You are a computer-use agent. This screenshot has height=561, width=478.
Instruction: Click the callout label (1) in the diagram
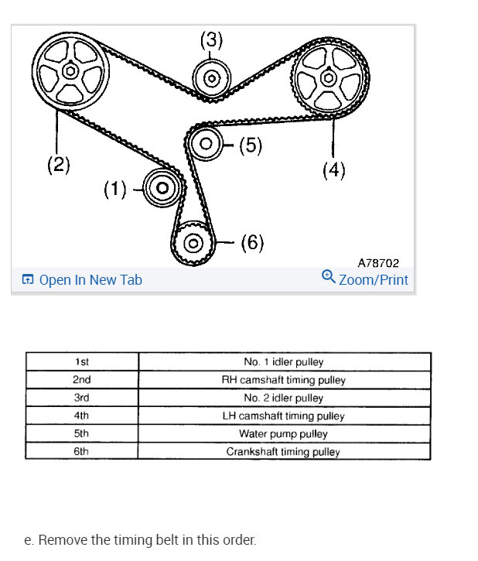pyautogui.click(x=116, y=189)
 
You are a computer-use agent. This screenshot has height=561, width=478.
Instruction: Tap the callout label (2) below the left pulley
pyautogui.click(x=58, y=164)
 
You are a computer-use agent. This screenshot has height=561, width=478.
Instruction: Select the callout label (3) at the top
pyautogui.click(x=211, y=41)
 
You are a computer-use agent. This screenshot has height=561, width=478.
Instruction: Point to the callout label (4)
pyautogui.click(x=333, y=169)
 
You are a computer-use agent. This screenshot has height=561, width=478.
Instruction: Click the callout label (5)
pyautogui.click(x=250, y=145)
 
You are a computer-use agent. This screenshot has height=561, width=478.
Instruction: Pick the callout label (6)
pyautogui.click(x=252, y=243)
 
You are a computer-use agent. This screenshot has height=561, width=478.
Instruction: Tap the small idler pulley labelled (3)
pyautogui.click(x=210, y=78)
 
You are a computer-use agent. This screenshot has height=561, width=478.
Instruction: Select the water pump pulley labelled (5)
pyautogui.click(x=206, y=143)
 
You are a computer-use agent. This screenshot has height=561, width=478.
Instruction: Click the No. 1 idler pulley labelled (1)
pyautogui.click(x=162, y=187)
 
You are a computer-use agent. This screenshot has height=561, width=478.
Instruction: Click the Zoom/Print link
pyautogui.click(x=365, y=279)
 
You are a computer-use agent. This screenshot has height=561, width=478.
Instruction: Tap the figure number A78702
pyautogui.click(x=378, y=263)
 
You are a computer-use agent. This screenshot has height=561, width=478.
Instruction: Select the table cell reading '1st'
pyautogui.click(x=82, y=362)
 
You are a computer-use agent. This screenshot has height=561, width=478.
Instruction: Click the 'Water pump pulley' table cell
pyautogui.click(x=283, y=433)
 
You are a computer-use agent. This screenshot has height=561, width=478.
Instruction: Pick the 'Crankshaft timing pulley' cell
pyautogui.click(x=283, y=451)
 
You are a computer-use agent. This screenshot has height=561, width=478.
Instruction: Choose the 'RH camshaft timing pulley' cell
pyautogui.click(x=283, y=380)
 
